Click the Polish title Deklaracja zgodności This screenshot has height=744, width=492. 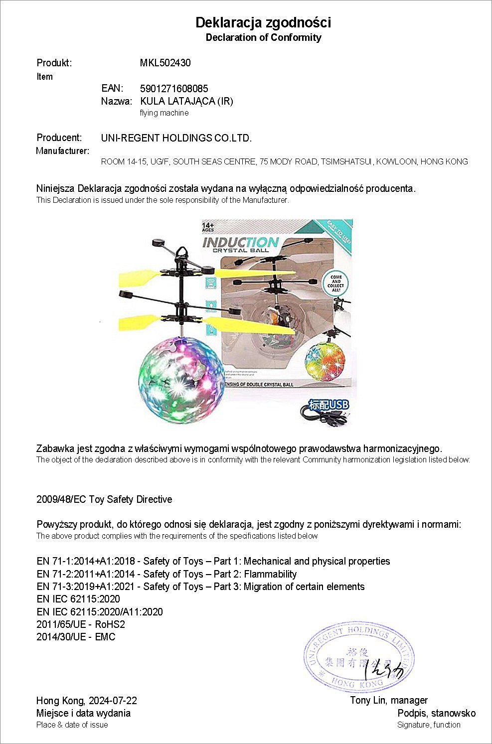point(263,22)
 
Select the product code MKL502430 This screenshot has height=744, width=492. point(165,63)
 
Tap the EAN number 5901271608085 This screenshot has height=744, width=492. point(174,89)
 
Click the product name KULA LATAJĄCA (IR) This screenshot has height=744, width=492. point(187,101)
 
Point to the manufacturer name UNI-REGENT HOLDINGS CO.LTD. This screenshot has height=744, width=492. point(176,138)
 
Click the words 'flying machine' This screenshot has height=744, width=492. point(164,113)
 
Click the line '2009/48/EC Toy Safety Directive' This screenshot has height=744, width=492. point(104,499)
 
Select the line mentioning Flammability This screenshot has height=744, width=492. point(166,574)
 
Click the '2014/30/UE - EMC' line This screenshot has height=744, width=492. point(76,637)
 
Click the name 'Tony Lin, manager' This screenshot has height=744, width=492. point(389,701)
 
